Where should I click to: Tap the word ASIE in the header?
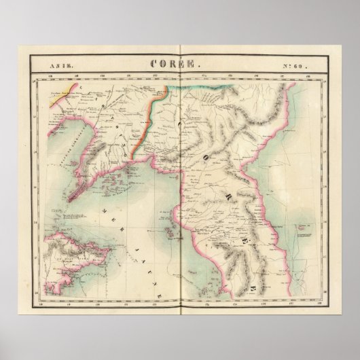coord(60,66)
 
